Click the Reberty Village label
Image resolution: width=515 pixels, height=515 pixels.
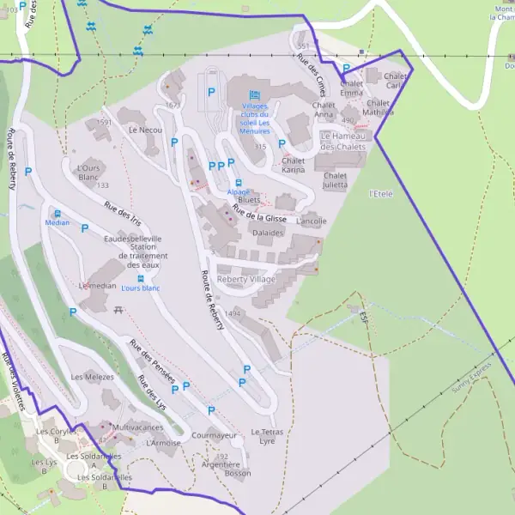246,280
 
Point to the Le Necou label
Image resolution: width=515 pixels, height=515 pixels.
145,130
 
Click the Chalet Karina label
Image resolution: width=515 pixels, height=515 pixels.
294,165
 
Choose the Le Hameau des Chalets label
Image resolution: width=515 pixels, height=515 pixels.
343,141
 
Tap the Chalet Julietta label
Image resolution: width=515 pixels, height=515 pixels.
336,179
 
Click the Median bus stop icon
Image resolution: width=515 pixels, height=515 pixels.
58,214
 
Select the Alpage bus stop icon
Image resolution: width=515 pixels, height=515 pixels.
239,182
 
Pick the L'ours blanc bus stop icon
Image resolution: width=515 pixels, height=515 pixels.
141,278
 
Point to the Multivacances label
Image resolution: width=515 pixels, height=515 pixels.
138,427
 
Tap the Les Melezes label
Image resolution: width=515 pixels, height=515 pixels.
93,377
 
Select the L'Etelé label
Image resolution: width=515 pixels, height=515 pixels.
380,194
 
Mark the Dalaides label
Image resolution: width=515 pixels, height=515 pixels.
268,233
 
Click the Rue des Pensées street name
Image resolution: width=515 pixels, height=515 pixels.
152,360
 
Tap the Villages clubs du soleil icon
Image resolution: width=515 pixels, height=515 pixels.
254,95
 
